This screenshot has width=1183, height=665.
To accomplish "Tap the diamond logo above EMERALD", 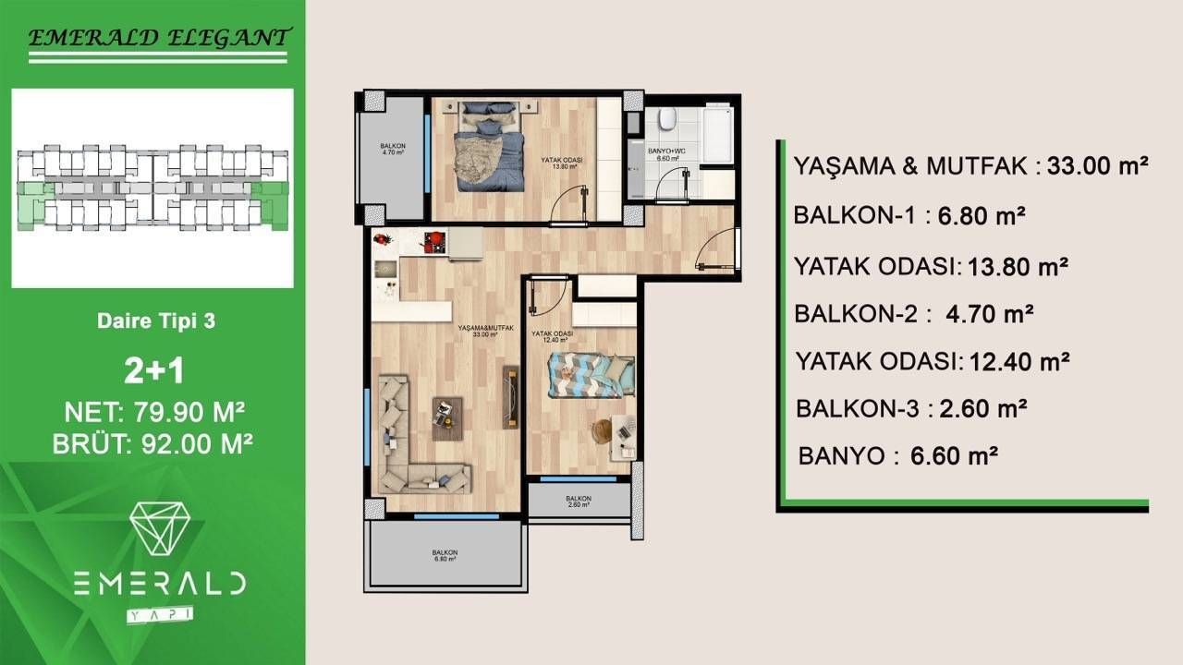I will (x=159, y=529).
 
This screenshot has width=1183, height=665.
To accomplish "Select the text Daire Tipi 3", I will (x=155, y=322).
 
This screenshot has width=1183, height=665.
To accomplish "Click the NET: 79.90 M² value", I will (x=153, y=410).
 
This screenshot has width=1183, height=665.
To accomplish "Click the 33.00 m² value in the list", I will (x=1097, y=166).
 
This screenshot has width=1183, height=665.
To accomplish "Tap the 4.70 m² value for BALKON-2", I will (x=990, y=313).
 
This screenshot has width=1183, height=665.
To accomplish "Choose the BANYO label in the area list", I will (x=840, y=455).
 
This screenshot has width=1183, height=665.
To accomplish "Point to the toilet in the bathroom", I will (x=666, y=120).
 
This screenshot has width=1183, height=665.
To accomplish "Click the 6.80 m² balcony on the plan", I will (x=445, y=555).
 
